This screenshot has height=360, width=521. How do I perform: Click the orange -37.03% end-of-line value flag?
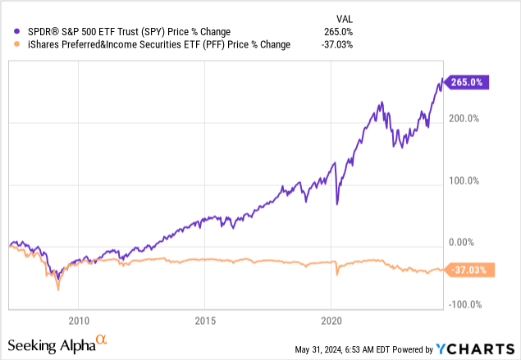[x=467, y=269]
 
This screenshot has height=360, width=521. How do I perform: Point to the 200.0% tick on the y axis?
[x=464, y=119]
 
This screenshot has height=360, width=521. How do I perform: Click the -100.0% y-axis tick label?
[x=464, y=305]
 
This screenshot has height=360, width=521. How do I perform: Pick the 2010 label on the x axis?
[x=79, y=321]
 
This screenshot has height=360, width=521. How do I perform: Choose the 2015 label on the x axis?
[x=205, y=321]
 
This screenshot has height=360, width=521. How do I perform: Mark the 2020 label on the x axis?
[x=331, y=321]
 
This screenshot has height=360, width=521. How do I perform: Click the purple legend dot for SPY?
[x=9, y=32]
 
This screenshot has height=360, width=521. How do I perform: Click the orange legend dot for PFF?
[x=9, y=45]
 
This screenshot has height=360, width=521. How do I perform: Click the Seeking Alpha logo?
[x=57, y=344]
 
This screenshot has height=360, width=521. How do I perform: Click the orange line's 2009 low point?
[x=57, y=289]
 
